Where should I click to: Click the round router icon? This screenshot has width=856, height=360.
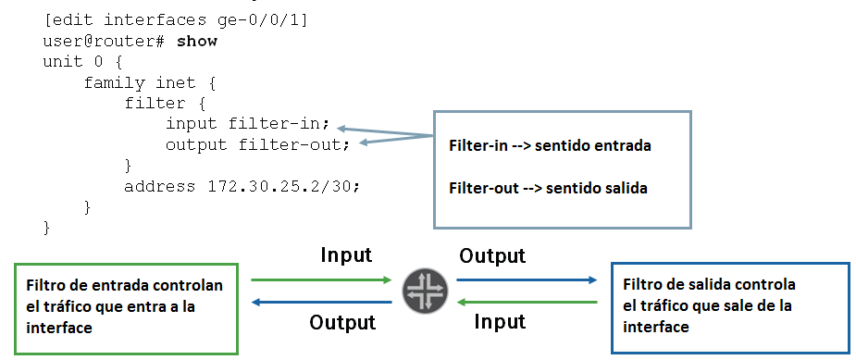[425, 290]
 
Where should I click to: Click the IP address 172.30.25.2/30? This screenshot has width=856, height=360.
[278, 186]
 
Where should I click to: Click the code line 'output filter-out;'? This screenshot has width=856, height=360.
[257, 144]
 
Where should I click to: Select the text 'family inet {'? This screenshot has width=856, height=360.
[149, 83]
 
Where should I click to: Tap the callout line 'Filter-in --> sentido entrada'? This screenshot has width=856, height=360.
[552, 146]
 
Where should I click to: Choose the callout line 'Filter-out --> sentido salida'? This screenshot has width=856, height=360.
[547, 187]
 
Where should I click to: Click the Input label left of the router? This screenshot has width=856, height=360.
[346, 254]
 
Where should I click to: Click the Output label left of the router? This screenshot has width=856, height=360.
[342, 322]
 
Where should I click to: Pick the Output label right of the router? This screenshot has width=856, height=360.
[492, 254]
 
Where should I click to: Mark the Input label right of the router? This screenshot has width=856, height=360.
[500, 322]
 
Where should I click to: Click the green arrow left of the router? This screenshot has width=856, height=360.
[320, 278]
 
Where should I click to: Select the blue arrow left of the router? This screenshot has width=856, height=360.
[320, 302]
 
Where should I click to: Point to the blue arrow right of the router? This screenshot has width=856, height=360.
[527, 278]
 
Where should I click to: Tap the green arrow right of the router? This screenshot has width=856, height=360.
[527, 302]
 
